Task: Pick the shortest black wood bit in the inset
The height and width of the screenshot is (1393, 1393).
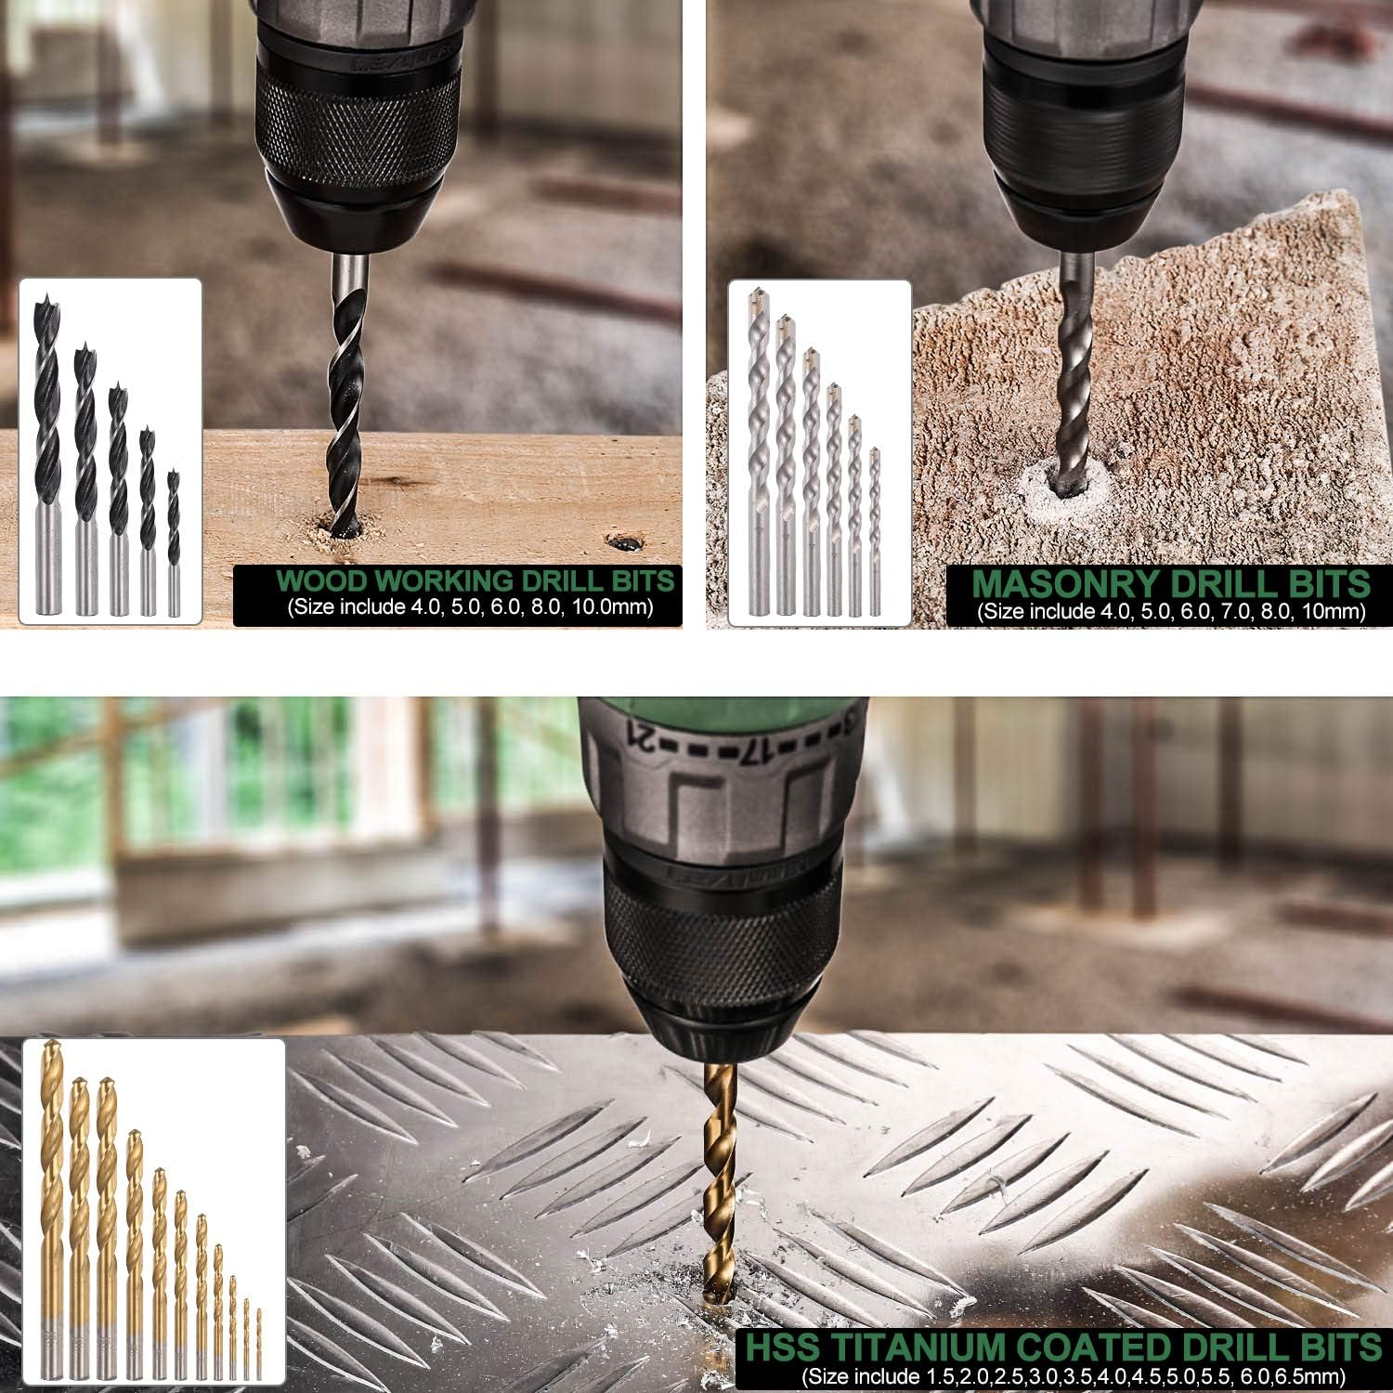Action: (174, 543)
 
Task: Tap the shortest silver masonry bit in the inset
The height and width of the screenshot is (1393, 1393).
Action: (874, 532)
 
